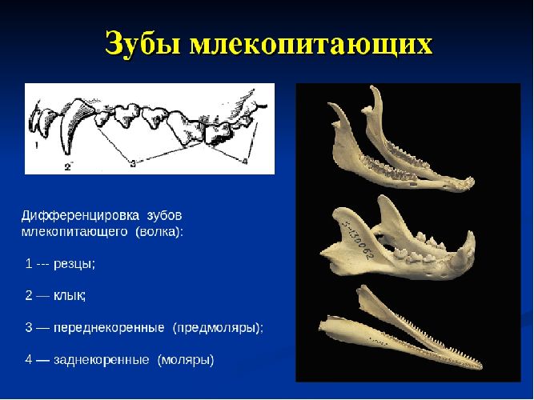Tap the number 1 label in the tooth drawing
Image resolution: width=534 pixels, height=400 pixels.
[37, 146]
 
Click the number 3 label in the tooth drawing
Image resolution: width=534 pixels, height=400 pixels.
[132, 162]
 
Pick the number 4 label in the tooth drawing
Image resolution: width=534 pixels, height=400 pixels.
[244, 162]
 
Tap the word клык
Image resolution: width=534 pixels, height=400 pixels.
[70, 295]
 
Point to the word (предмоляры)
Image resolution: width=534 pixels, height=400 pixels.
[217, 328]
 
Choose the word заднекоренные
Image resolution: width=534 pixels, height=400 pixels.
[101, 360]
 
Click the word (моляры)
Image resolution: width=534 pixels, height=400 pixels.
[186, 360]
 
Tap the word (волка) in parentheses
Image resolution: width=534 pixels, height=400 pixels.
[159, 231]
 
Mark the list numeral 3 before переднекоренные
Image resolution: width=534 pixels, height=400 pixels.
[29, 328]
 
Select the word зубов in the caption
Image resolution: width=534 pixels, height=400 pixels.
[165, 216]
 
